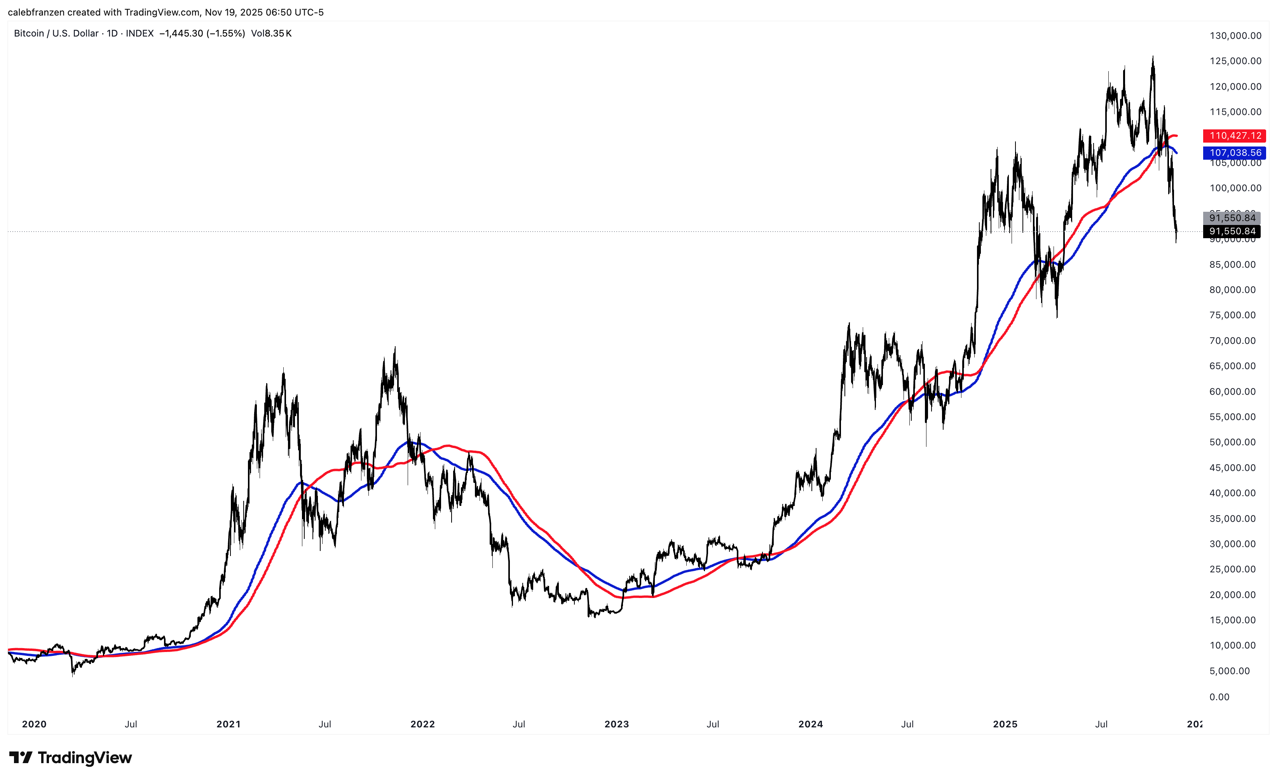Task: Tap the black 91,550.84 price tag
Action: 1232,231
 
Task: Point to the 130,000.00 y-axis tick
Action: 1235,36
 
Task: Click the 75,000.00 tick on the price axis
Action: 1232,315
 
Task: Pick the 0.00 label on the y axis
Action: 1219,697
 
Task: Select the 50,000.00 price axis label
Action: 1232,442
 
